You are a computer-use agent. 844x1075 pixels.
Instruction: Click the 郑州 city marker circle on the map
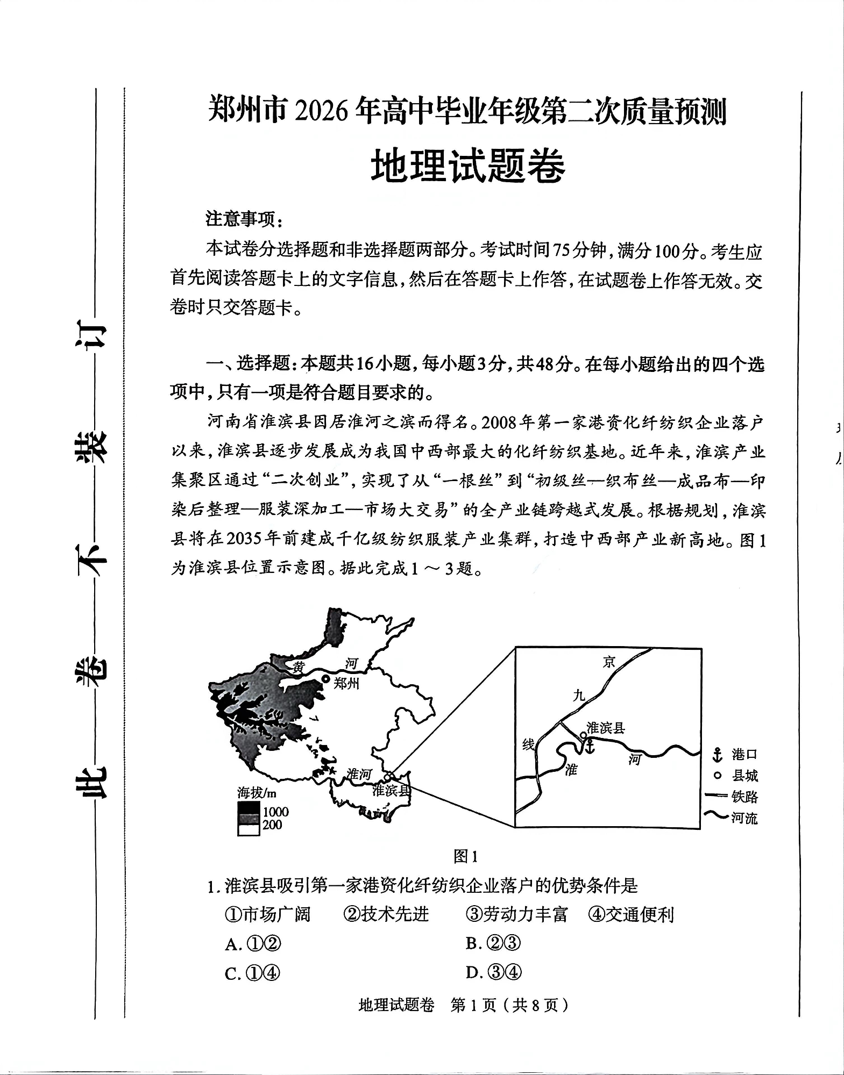click(325, 679)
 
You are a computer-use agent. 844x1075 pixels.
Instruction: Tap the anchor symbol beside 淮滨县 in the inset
click(590, 746)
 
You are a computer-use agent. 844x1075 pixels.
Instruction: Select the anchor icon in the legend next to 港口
click(717, 755)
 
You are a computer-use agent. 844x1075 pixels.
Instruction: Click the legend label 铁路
click(744, 797)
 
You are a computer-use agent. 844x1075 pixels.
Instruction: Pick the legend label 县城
click(744, 776)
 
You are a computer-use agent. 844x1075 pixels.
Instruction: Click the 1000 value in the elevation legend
click(275, 812)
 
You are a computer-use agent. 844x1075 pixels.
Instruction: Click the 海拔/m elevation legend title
click(257, 792)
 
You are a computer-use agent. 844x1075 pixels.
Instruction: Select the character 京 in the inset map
click(608, 662)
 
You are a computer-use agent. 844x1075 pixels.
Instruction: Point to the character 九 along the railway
click(578, 696)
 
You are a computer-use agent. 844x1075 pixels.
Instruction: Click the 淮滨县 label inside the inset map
click(606, 728)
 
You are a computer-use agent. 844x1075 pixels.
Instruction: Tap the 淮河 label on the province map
click(359, 773)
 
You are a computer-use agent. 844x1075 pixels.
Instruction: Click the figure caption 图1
click(465, 856)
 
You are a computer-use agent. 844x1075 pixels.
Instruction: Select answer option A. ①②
click(253, 944)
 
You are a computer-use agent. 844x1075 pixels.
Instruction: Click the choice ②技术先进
click(386, 914)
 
